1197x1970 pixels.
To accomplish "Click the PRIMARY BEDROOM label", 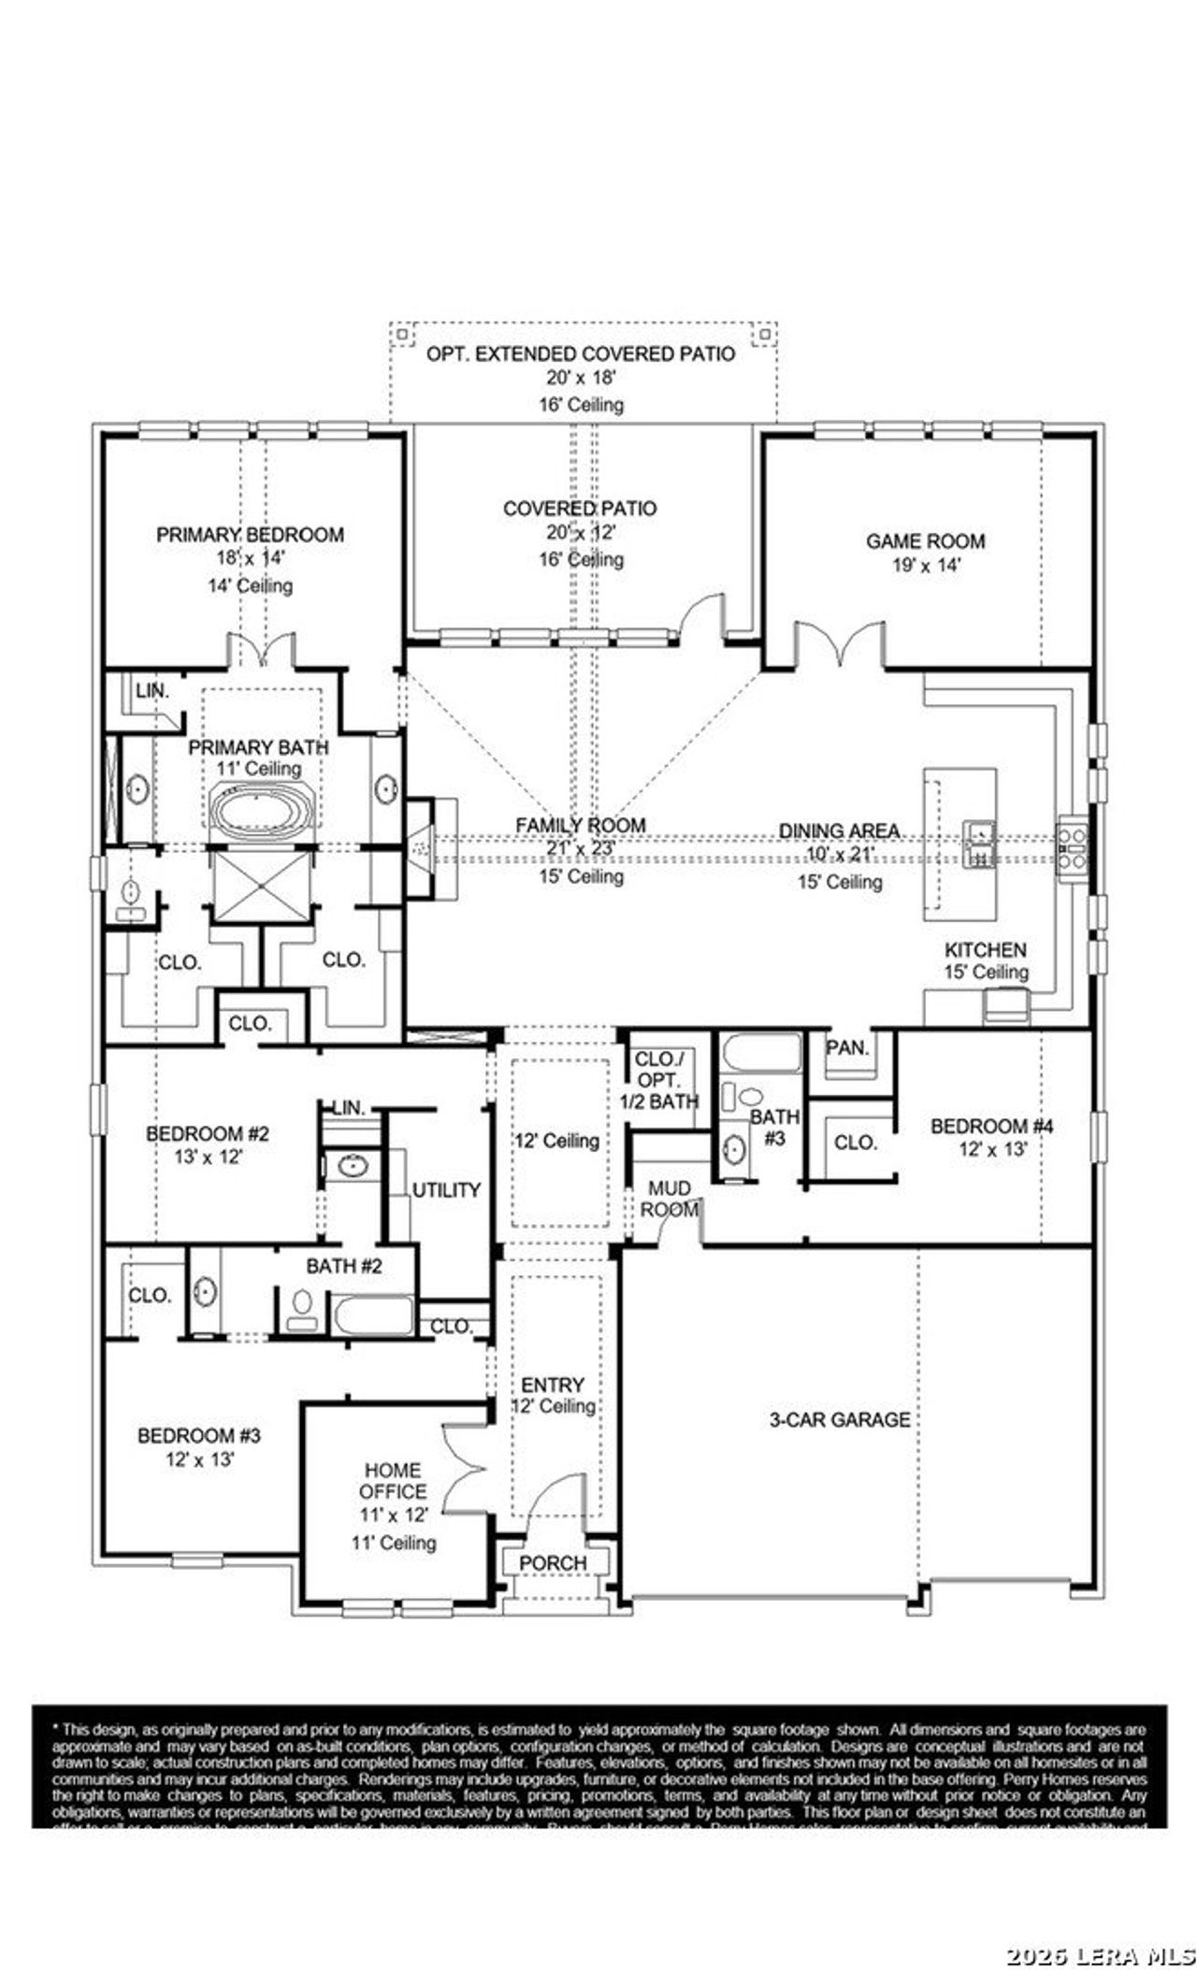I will click(250, 535).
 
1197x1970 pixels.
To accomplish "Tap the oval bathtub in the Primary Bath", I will click(262, 809).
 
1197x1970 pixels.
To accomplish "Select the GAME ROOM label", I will click(925, 540).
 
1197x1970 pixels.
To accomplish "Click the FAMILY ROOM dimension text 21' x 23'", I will click(580, 850).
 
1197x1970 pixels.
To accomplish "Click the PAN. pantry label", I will click(847, 1048).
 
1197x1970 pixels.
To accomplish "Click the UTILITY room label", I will click(446, 1189).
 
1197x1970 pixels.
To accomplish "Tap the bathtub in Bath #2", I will click(373, 1316).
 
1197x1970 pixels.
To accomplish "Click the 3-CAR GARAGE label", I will click(839, 1419).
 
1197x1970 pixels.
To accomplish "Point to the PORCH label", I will click(553, 1563).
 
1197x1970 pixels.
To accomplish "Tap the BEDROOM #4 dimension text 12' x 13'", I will click(992, 1149).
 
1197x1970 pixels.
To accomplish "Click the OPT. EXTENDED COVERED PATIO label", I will click(581, 353).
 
